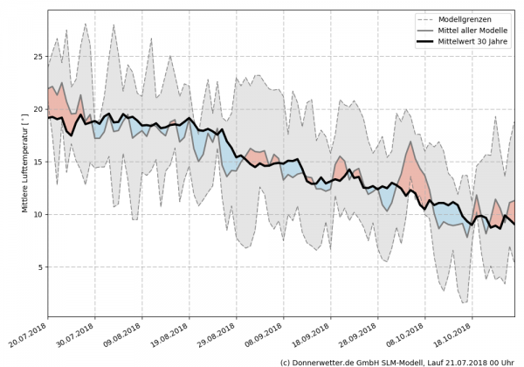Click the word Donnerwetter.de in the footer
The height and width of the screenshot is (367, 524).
323,361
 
